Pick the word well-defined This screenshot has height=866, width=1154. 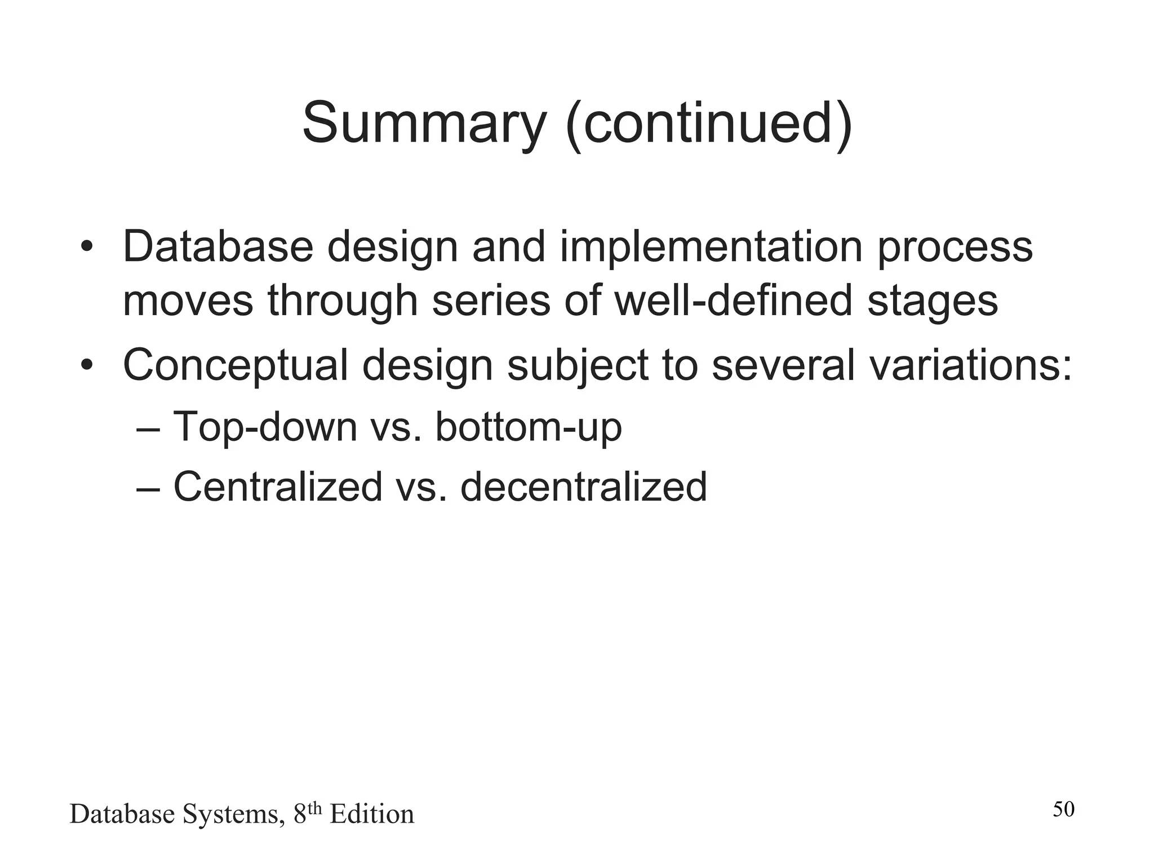click(x=733, y=301)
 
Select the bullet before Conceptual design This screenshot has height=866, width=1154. click(x=86, y=365)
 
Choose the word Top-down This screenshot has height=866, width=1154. click(x=265, y=427)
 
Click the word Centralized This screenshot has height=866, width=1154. click(x=278, y=487)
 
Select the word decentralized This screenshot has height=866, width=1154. click(x=583, y=487)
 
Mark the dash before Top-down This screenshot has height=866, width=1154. click(x=148, y=428)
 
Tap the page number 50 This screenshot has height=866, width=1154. click(x=1063, y=810)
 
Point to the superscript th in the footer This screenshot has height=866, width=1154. click(x=315, y=808)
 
